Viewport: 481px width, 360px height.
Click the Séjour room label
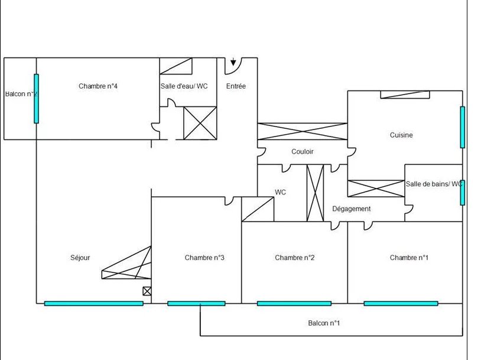click(x=80, y=258)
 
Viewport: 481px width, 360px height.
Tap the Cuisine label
click(x=401, y=135)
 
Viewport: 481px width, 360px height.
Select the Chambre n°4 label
click(x=98, y=86)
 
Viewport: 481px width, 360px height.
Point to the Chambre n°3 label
click(x=204, y=258)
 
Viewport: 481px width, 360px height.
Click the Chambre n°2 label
click(x=294, y=258)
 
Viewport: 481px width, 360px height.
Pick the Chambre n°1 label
click(x=409, y=258)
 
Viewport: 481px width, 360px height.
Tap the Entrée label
click(x=236, y=86)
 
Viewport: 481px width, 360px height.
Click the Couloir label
click(x=303, y=151)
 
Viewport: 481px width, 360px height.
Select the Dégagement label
click(x=352, y=209)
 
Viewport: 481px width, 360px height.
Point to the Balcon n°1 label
click(x=324, y=323)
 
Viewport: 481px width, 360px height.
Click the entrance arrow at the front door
click(x=233, y=61)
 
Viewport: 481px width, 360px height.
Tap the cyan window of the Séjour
click(x=94, y=303)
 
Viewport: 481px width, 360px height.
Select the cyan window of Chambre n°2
click(x=294, y=303)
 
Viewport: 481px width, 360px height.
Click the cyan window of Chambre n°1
click(x=401, y=303)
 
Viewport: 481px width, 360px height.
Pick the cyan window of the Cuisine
click(x=463, y=127)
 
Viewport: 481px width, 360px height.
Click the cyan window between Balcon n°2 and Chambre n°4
click(x=36, y=99)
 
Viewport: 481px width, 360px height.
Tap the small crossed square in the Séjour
click(x=147, y=291)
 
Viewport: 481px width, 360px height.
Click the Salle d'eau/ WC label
click(x=184, y=86)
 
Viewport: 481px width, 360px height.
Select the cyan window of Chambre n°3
click(x=196, y=303)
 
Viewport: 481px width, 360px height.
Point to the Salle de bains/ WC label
click(x=434, y=184)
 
